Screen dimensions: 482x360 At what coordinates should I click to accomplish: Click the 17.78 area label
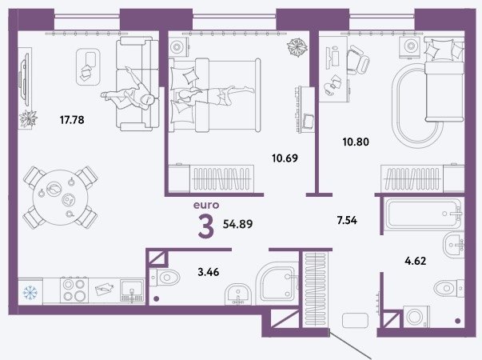[x=72, y=120]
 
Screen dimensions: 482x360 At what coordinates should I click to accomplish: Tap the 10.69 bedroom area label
[x=285, y=158]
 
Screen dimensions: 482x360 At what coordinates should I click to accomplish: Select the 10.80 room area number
[x=356, y=142]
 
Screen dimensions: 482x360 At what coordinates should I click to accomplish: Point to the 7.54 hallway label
[x=347, y=220]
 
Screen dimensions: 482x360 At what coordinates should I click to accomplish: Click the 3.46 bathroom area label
[x=209, y=272]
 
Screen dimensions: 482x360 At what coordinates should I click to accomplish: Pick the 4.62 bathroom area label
[x=416, y=261]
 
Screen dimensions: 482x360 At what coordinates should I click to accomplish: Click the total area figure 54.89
[x=237, y=224]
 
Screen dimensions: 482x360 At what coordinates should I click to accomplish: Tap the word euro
[x=206, y=205]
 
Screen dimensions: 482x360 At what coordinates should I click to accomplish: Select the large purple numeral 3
[x=206, y=227]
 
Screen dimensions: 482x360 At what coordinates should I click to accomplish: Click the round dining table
[x=61, y=198]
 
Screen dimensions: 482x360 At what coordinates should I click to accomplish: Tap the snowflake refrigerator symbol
[x=30, y=292]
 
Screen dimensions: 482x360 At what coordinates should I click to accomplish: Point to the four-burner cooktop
[x=74, y=290]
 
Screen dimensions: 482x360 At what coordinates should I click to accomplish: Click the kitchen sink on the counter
[x=132, y=290]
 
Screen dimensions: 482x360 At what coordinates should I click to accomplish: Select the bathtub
[x=424, y=214]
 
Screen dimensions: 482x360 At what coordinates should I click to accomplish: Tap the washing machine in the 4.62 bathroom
[x=416, y=316]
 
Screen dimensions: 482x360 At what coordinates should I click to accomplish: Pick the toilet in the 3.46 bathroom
[x=165, y=278]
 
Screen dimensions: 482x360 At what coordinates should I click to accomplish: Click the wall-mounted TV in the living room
[x=24, y=79]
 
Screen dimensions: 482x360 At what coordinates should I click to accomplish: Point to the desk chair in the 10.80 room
[x=358, y=60]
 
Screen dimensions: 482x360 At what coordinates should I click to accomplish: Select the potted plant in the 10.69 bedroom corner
[x=297, y=47]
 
